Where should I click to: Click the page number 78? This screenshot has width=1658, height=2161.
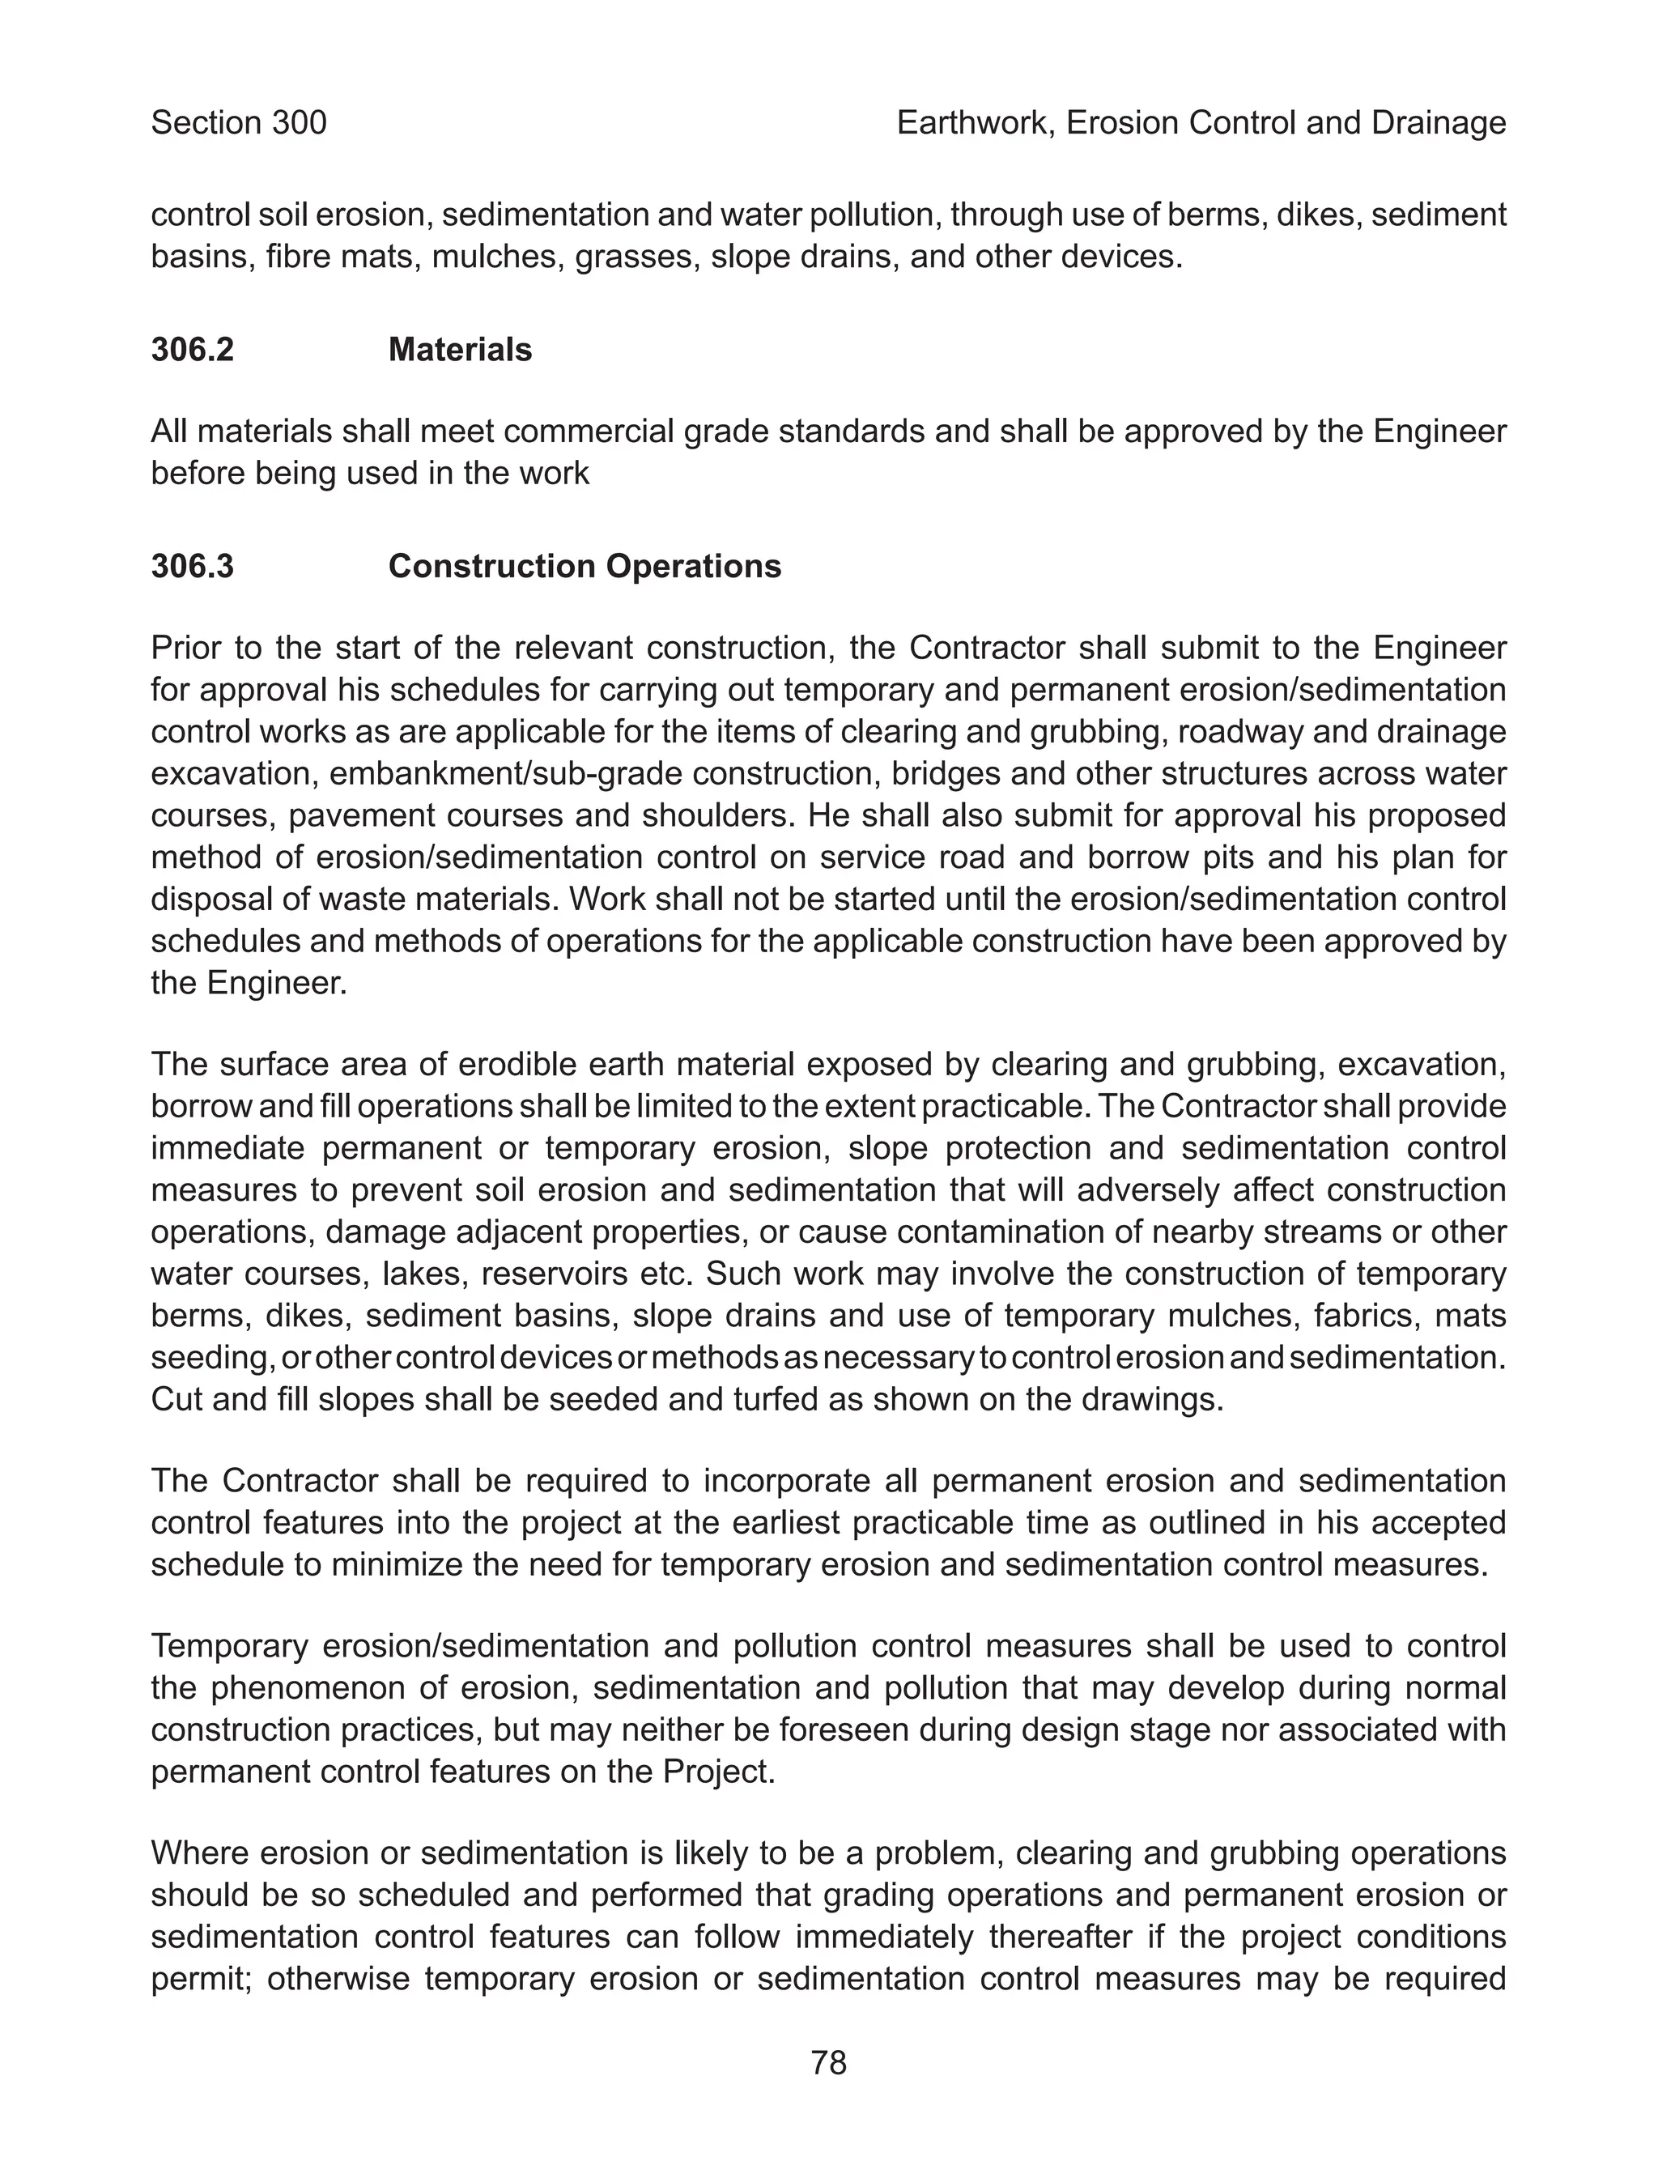pyautogui.click(x=828, y=2062)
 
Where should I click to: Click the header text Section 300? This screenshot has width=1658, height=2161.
pyautogui.click(x=238, y=122)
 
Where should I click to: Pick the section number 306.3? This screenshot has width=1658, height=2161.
pyautogui.click(x=193, y=567)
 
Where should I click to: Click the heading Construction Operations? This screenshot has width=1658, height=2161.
pyautogui.click(x=585, y=567)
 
